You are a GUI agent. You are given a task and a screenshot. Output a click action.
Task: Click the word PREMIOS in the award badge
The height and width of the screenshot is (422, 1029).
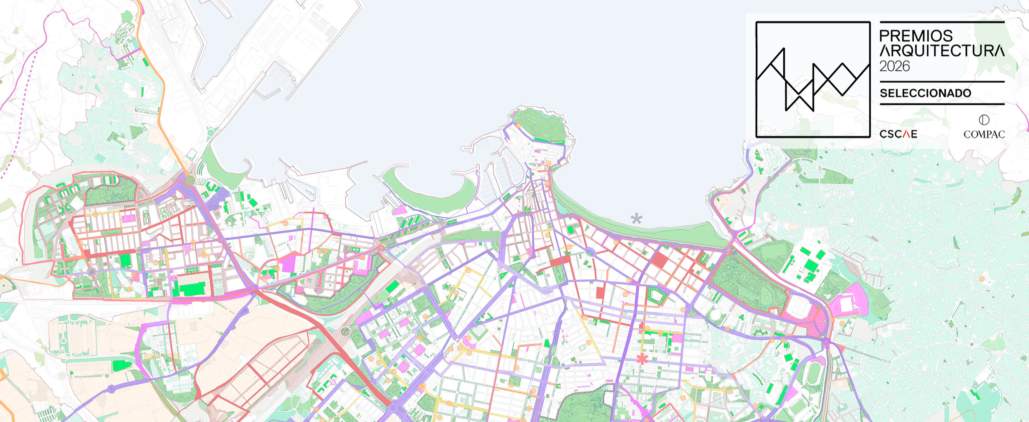(x=916, y=36)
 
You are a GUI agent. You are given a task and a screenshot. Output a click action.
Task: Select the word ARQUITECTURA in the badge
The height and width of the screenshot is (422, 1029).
(x=942, y=51)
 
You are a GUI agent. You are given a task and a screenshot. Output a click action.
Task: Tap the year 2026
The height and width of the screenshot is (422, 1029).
(x=894, y=66)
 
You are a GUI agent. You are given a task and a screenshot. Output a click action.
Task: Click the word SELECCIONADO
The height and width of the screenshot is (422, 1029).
(x=925, y=93)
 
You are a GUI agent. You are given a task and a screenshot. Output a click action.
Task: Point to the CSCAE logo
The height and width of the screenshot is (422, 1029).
(x=898, y=134)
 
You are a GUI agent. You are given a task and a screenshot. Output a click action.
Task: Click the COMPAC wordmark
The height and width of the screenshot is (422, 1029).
(x=984, y=134)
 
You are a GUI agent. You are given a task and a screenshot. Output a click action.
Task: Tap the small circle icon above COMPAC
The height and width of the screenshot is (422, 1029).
(x=984, y=120)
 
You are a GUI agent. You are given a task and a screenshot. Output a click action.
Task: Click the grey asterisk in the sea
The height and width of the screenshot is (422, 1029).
(x=636, y=218)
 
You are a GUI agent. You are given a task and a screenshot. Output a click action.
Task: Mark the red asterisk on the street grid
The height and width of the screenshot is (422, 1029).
(x=642, y=359)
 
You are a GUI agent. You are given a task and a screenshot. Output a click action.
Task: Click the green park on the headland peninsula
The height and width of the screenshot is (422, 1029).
(x=539, y=123)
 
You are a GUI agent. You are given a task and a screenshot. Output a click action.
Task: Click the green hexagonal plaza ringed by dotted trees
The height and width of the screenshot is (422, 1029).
(x=656, y=295)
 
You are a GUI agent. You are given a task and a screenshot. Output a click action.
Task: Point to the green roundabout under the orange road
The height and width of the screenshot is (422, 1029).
(x=190, y=180)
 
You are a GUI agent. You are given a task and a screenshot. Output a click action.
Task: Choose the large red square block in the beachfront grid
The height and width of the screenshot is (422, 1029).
(x=660, y=260)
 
